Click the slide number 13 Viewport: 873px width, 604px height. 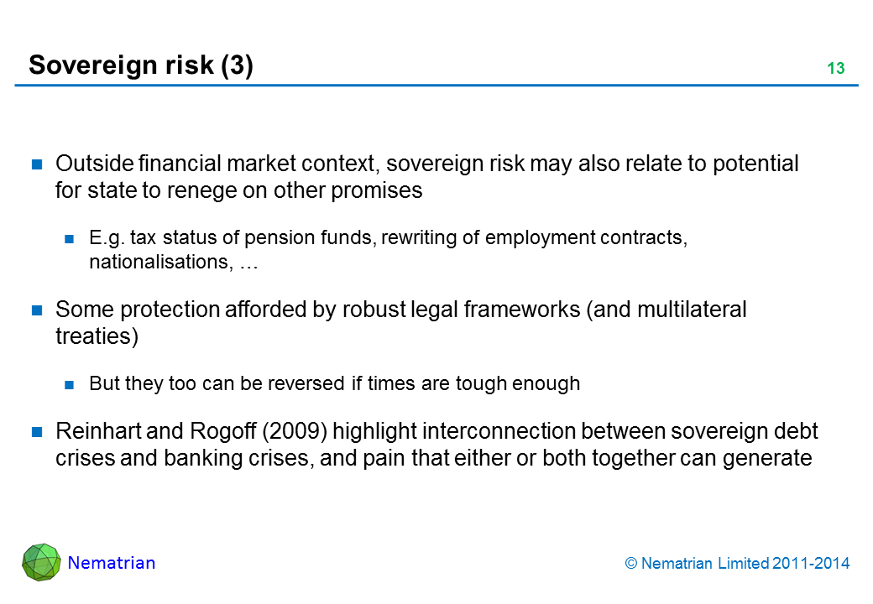(x=836, y=68)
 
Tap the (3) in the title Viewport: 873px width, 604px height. (x=238, y=65)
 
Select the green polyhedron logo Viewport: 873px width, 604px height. (x=41, y=562)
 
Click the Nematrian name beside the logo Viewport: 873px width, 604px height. (x=112, y=563)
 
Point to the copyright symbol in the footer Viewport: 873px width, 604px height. (x=630, y=564)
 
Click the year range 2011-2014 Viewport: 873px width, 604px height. (x=811, y=564)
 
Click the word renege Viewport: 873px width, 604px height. (x=201, y=190)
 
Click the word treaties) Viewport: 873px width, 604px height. (x=97, y=336)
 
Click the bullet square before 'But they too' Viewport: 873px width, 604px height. (x=69, y=384)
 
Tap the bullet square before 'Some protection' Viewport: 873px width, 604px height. (x=37, y=310)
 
